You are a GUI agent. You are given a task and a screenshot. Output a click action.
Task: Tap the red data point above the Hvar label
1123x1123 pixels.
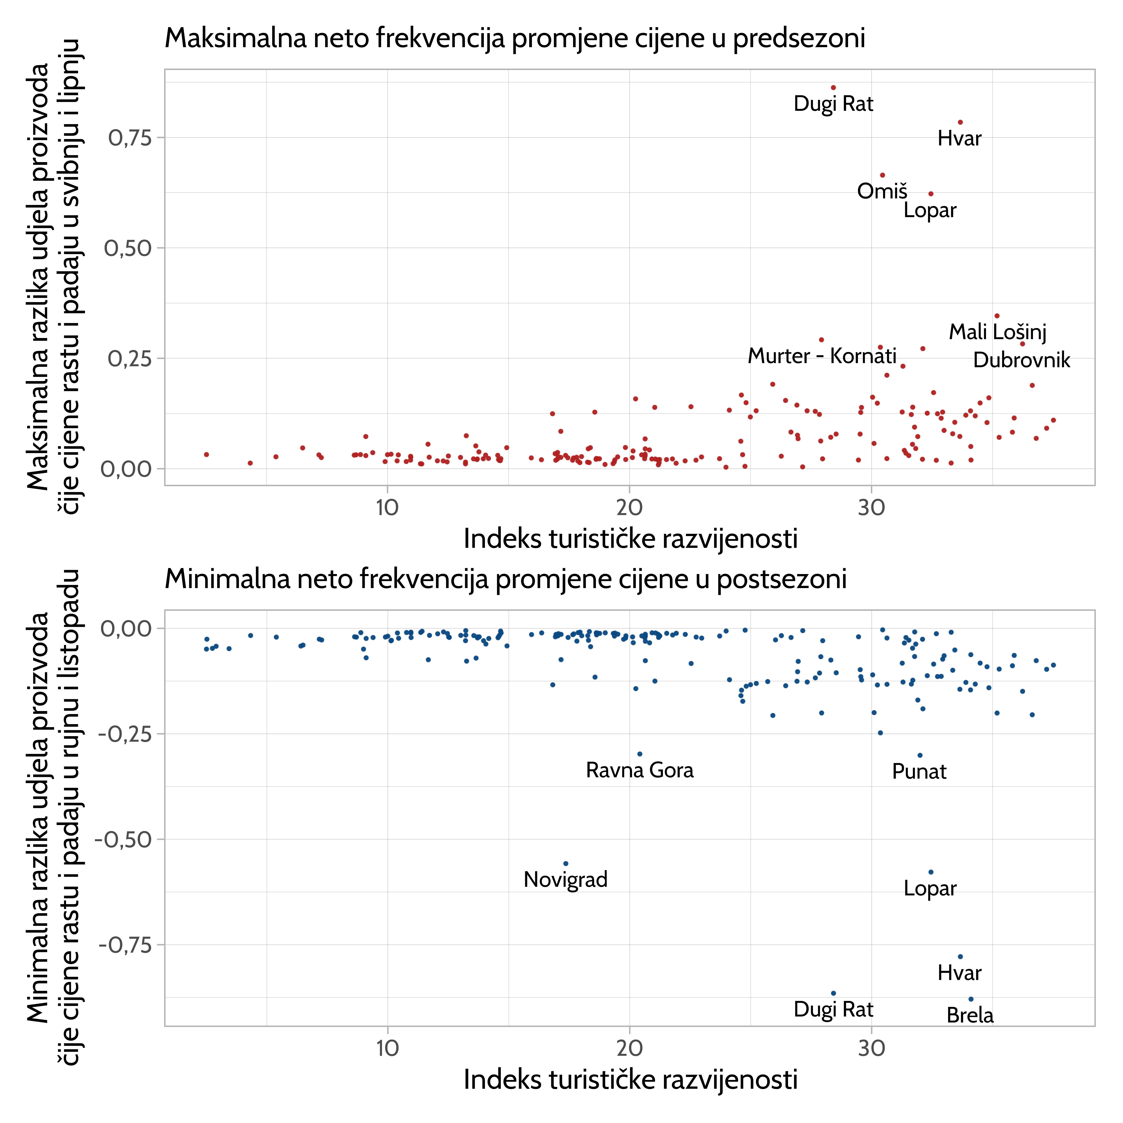tap(960, 122)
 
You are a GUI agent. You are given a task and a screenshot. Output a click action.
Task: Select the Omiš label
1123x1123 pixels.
tap(882, 191)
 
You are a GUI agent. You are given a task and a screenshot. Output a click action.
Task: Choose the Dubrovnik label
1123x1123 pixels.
tap(1021, 360)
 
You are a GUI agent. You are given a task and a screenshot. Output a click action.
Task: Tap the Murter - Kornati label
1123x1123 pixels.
tap(822, 356)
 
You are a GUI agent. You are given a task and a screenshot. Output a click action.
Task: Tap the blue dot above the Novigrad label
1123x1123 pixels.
tap(566, 864)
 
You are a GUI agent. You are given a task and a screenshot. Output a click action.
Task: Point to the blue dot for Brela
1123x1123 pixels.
tap(971, 999)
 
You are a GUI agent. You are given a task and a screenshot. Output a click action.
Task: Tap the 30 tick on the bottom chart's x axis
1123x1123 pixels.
tap(871, 1048)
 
